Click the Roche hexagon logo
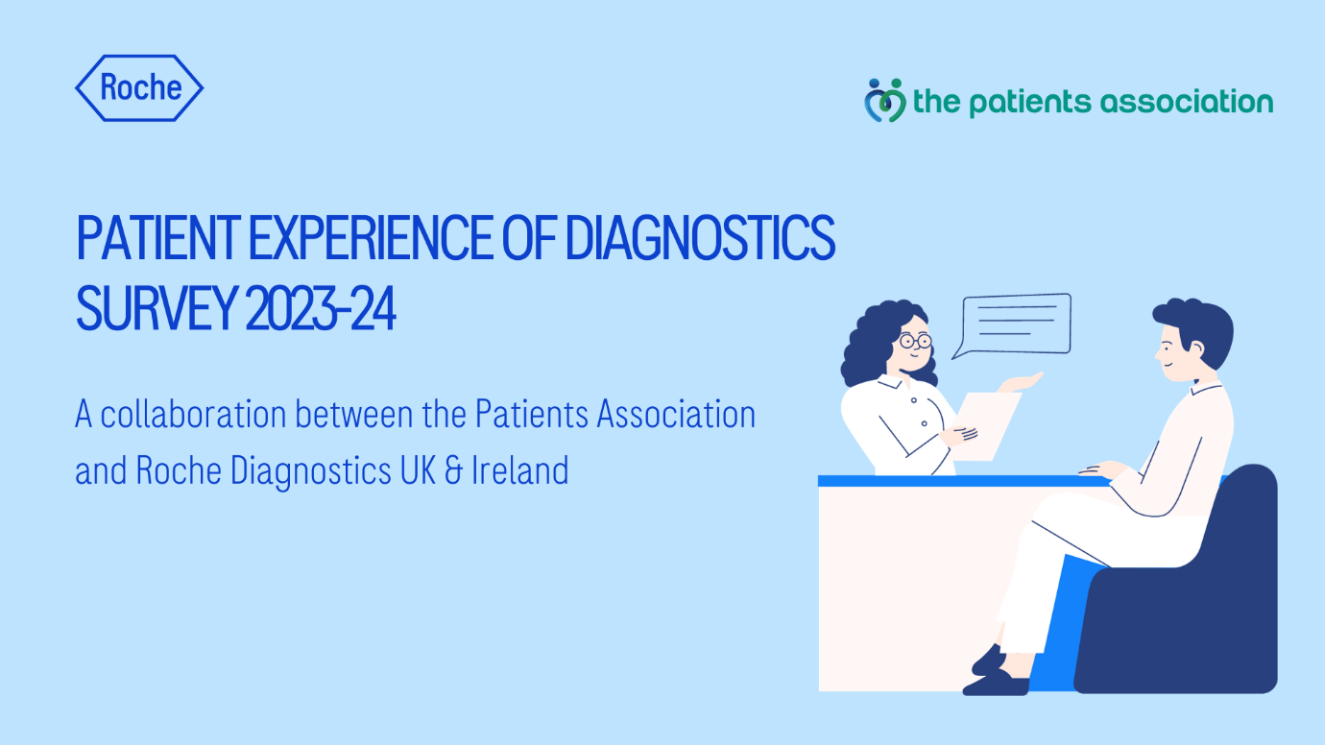pyautogui.click(x=139, y=88)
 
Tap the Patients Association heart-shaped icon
pyautogui.click(x=885, y=101)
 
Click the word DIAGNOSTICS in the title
pyautogui.click(x=700, y=238)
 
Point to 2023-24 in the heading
pyautogui.click(x=320, y=308)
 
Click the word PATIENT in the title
pyautogui.click(x=157, y=238)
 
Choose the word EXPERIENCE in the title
pyautogui.click(x=371, y=238)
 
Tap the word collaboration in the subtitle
pyautogui.click(x=193, y=414)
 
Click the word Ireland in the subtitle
pyautogui.click(x=520, y=470)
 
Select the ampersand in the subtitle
pyautogui.click(x=453, y=470)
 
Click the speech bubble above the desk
pyautogui.click(x=1012, y=325)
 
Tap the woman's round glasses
pyautogui.click(x=915, y=341)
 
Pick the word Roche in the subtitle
pyautogui.click(x=179, y=470)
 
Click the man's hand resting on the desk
pyautogui.click(x=1101, y=469)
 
